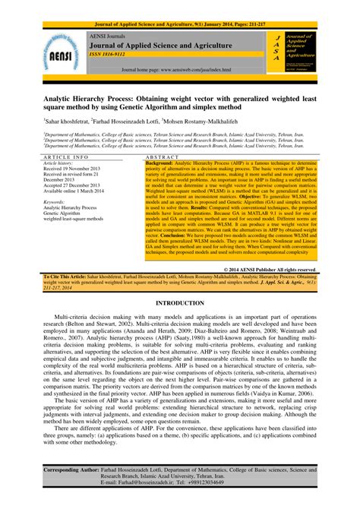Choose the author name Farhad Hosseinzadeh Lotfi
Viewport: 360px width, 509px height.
pos(149,121)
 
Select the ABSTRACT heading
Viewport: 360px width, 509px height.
pos(228,156)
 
